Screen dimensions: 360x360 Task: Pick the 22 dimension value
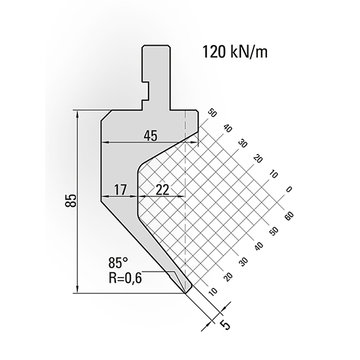tap(162, 190)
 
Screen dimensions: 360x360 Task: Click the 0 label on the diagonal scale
tap(288, 190)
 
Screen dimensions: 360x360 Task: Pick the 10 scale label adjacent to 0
tap(273, 175)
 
